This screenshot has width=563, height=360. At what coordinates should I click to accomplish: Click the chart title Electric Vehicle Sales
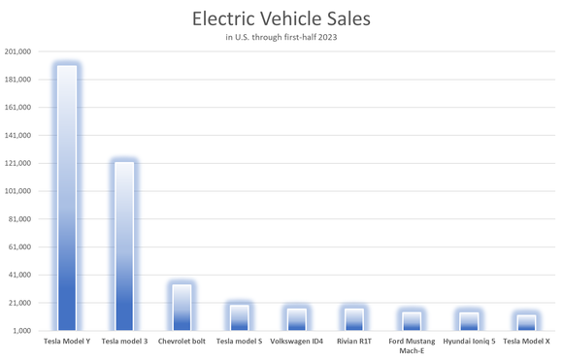(x=281, y=18)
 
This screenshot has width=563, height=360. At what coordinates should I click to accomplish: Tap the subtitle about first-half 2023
(x=281, y=38)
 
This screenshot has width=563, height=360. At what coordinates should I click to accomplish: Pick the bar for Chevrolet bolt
(x=182, y=307)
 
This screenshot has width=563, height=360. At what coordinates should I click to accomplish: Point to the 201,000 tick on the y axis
(x=18, y=51)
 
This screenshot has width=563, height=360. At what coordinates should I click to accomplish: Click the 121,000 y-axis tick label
(x=18, y=163)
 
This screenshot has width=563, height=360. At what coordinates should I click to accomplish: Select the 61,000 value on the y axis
(x=20, y=246)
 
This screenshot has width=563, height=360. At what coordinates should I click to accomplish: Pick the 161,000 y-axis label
(x=18, y=108)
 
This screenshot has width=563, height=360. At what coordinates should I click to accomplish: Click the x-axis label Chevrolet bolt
(x=182, y=342)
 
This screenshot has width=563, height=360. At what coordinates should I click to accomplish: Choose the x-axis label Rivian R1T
(x=353, y=342)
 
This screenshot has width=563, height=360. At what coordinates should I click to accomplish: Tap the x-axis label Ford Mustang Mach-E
(x=412, y=345)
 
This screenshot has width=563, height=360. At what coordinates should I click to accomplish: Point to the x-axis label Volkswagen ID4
(x=296, y=342)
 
